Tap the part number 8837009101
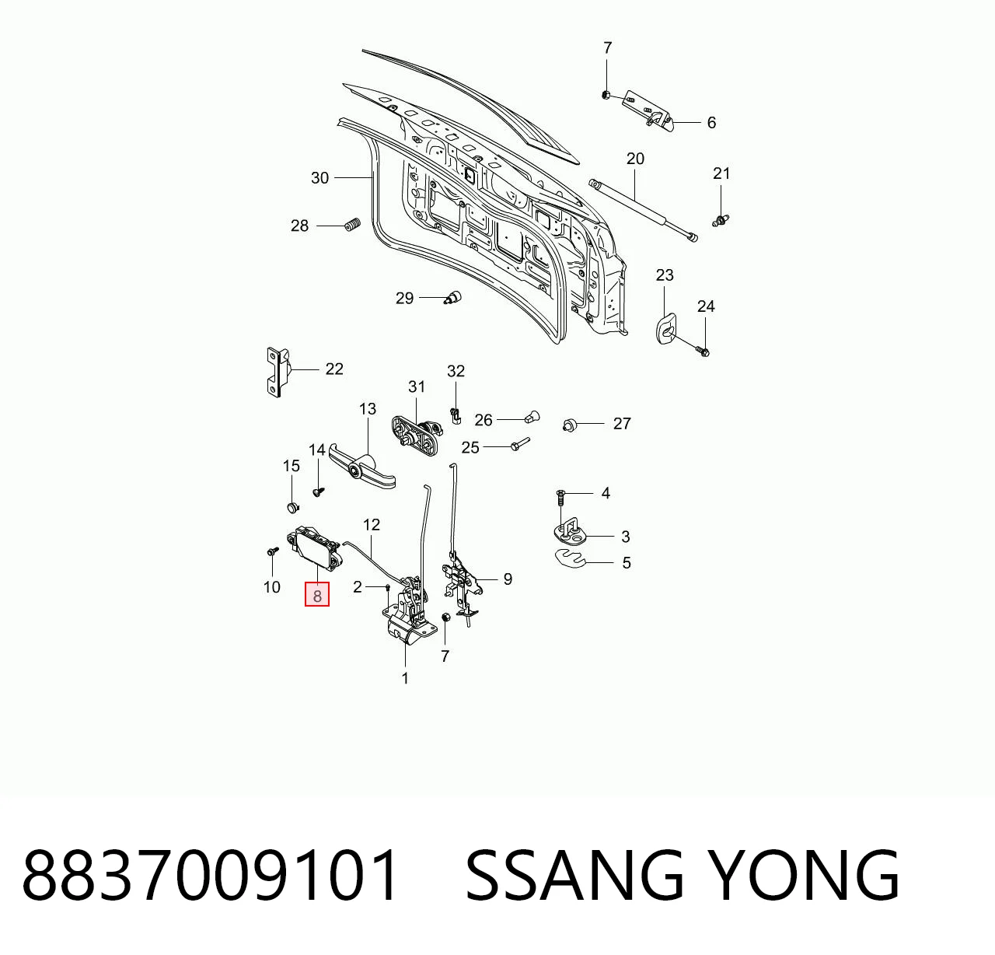click(210, 876)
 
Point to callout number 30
click(320, 178)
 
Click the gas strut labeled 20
click(643, 210)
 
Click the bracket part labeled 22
click(278, 373)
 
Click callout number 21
click(721, 174)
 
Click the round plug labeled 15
click(292, 507)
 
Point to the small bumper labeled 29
click(452, 297)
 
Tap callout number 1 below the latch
click(406, 679)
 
